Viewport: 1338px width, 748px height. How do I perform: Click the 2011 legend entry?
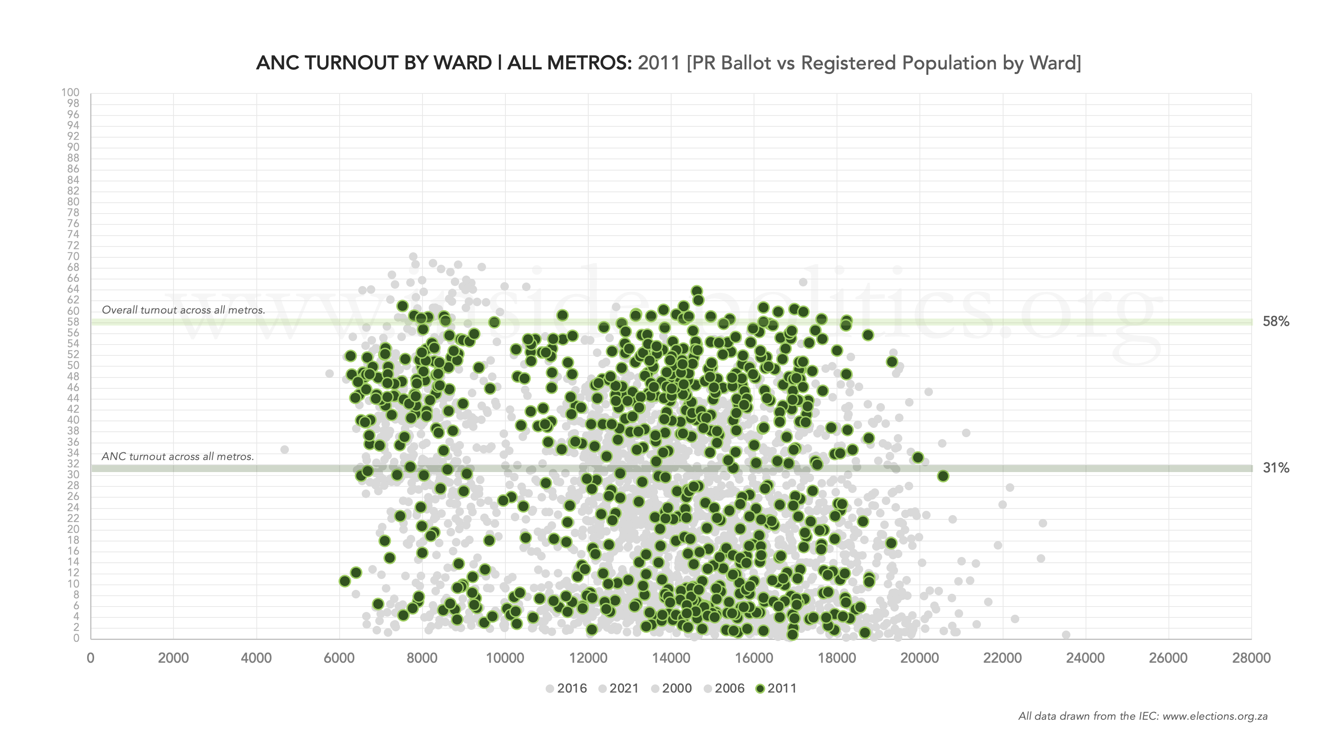(776, 688)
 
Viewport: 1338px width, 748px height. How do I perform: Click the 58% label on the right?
(1276, 322)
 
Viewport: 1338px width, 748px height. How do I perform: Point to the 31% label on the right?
(1276, 468)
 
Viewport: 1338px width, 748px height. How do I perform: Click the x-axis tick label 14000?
(671, 658)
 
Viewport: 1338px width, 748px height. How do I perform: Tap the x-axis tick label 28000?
(1251, 658)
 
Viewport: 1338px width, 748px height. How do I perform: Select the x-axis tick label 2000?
(173, 658)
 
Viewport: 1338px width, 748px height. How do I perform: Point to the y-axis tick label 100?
(70, 93)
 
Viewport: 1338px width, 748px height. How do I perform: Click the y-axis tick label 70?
(73, 256)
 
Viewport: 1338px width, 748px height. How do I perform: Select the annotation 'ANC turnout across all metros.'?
(178, 457)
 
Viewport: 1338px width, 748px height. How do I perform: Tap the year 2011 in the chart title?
(659, 63)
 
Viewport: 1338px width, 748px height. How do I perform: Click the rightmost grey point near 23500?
(1067, 635)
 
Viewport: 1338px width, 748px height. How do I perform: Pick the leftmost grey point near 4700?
(284, 450)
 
